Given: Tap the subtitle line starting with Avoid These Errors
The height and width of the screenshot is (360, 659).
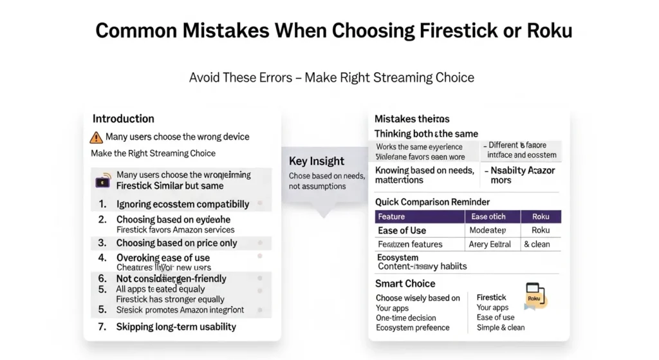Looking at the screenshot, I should pos(331,78).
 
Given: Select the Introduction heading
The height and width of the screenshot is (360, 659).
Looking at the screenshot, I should pos(124,118).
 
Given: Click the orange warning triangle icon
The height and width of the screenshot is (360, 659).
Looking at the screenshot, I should pos(96,137).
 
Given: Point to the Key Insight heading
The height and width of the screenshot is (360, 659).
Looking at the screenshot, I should pos(316,161).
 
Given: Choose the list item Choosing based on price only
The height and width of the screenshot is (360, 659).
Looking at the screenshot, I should pos(176,243).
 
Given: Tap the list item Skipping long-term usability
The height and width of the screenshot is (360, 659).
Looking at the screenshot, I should pos(176,327).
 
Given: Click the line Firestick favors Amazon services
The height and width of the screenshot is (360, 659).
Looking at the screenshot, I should pos(175,229).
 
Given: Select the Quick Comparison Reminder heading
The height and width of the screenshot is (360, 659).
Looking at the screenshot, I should pos(432,202).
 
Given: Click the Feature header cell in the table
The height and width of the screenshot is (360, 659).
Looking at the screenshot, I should pos(391,216).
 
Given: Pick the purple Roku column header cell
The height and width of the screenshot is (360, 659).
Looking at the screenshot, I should pos(541,216).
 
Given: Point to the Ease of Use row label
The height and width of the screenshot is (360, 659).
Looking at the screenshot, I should pos(402,230).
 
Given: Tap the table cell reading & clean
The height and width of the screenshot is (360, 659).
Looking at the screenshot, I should pos(536,244).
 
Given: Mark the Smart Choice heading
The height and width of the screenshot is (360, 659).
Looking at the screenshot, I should pos(405,283).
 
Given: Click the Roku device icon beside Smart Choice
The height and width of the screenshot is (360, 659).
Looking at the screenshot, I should pos(535,296).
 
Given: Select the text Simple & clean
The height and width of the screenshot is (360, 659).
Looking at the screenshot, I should pos(501,327).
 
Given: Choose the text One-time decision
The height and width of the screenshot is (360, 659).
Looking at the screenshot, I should pos(406,317).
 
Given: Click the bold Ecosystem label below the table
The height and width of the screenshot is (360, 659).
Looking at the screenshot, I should pos(398,258).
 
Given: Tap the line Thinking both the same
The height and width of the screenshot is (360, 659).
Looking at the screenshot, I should pos(426,134).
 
